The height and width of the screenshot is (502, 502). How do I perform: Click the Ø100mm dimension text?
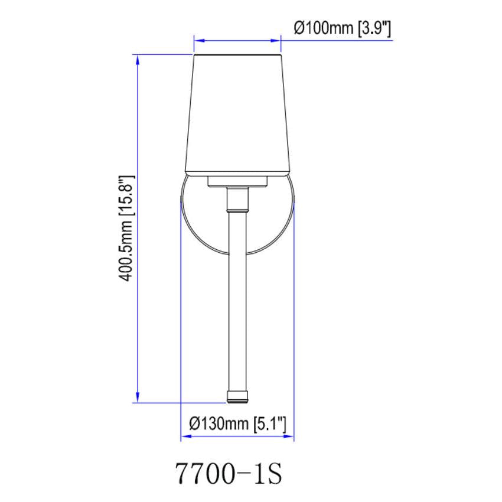pyautogui.click(x=324, y=28)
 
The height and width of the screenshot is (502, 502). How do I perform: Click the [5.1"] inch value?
pyautogui.click(x=269, y=423)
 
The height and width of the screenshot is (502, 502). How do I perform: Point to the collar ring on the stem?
pyautogui.click(x=237, y=208)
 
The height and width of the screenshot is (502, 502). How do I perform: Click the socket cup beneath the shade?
pyautogui.click(x=237, y=181)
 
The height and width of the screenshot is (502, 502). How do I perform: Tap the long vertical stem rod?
pyautogui.click(x=237, y=295)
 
